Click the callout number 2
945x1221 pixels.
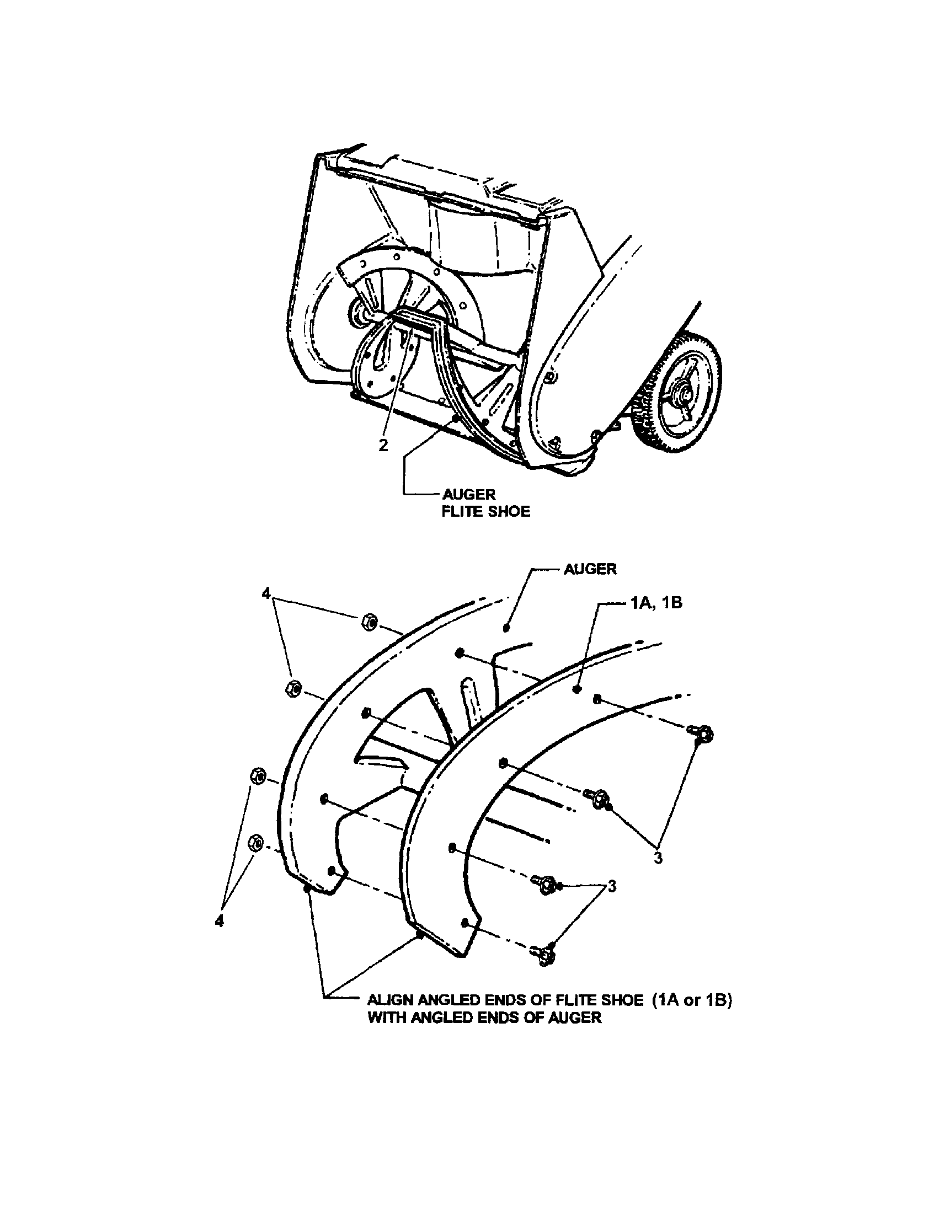[383, 446]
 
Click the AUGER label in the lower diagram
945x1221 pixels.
[590, 569]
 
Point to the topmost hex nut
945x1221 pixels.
[370, 622]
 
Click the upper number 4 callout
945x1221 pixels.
[265, 593]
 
